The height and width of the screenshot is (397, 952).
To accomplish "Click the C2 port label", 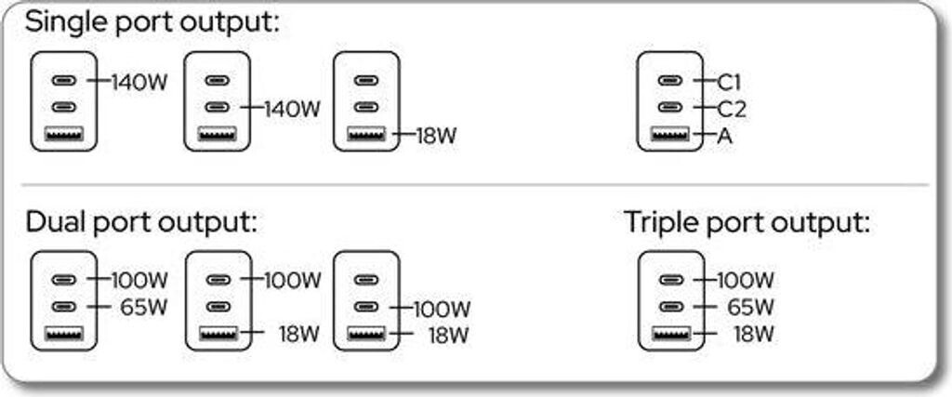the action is pos(733,109).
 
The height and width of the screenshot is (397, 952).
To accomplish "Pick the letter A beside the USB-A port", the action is pos(725,136).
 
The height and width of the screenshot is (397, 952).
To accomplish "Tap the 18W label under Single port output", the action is pos(435,136).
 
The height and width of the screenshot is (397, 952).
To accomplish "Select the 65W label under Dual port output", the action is pos(143,307).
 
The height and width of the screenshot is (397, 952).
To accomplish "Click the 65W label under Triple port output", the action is pos(749,307).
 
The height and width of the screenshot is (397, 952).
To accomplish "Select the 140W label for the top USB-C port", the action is pos(139,81).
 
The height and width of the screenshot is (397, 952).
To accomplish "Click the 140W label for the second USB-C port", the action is pos(292,109).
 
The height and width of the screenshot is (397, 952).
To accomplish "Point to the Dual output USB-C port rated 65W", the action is pos(64,307).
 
